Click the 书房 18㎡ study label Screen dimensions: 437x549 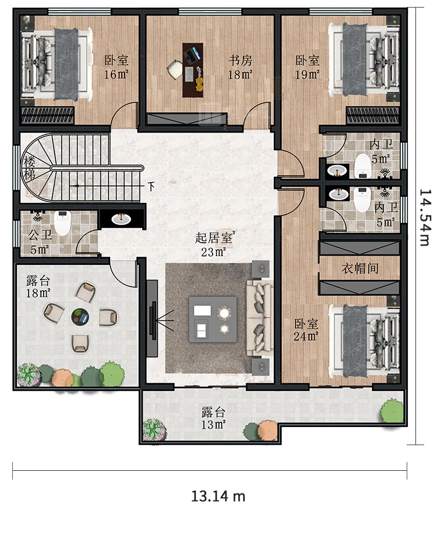[241, 67]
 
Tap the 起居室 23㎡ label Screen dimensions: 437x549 [214, 244]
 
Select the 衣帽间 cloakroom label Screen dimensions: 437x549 [360, 268]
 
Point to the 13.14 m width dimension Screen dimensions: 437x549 [218, 496]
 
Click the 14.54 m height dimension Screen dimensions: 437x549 [425, 218]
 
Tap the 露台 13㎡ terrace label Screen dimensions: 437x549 [213, 418]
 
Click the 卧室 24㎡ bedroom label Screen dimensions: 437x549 [306, 330]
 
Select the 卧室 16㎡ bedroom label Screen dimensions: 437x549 [117, 67]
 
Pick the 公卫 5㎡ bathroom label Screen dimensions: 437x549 [40, 242]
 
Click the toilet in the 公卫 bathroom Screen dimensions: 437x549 [62, 223]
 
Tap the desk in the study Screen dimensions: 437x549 [193, 70]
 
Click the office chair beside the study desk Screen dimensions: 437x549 [174, 69]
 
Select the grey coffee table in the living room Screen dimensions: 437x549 [213, 319]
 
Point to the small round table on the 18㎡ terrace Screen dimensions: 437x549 [80, 317]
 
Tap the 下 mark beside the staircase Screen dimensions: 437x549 [151, 186]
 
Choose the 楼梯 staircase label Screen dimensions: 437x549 [30, 169]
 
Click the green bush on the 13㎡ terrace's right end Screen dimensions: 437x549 [392, 411]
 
